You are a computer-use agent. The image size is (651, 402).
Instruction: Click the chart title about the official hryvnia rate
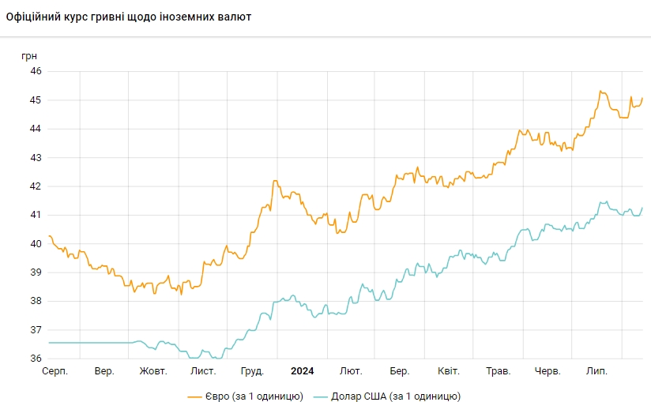tap(128, 17)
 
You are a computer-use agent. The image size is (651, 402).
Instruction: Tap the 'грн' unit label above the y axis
tap(29, 56)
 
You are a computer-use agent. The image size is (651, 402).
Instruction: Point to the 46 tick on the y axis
tap(36, 71)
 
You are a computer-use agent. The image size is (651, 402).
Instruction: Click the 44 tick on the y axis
tap(36, 129)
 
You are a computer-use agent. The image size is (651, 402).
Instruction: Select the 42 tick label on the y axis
tap(36, 186)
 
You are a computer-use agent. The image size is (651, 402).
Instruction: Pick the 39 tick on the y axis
tap(36, 272)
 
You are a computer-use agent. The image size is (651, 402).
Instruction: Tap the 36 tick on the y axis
tap(36, 359)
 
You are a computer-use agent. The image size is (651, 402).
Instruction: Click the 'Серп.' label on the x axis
tap(55, 371)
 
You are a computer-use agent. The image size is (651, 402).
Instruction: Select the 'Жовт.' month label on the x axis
tap(152, 371)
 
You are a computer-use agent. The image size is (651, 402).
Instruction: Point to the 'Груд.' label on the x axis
tap(252, 371)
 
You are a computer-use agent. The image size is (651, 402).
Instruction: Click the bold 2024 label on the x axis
tap(303, 371)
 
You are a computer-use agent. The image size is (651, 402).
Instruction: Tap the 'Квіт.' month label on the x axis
tap(448, 371)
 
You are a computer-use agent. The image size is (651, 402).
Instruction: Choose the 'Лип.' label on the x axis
tap(596, 371)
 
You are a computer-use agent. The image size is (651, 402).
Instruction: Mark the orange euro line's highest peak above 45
tap(600, 92)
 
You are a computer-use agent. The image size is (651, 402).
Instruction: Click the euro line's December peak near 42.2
tap(275, 181)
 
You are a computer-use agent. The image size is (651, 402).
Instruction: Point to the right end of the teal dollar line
tap(642, 208)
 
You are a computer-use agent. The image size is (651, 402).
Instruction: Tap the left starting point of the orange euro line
tap(49, 235)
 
